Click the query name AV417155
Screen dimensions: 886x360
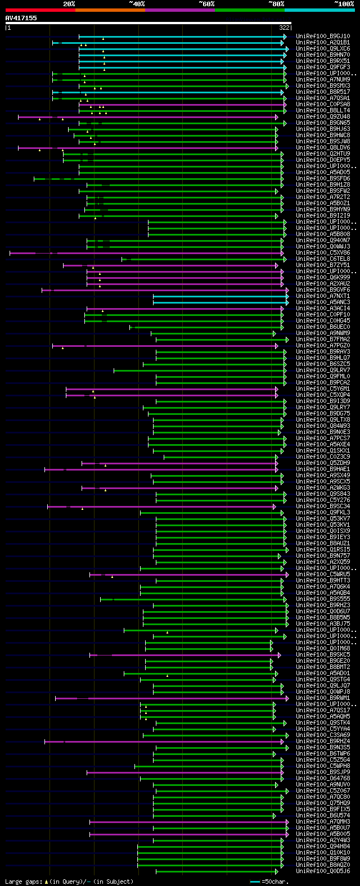tap(21, 18)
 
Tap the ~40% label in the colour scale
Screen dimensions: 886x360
tap(137, 4)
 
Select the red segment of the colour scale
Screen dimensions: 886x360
tap(40, 10)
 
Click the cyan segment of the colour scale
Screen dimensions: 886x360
tap(319, 10)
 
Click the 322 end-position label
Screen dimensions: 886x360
tap(284, 28)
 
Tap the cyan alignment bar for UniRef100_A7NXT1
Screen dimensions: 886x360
tap(219, 296)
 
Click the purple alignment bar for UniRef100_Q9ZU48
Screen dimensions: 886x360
tap(146, 117)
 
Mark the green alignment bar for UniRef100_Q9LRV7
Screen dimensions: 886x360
tap(197, 370)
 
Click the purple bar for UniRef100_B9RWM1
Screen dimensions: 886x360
tap(169, 698)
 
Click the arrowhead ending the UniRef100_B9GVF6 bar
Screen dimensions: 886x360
tap(287, 290)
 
